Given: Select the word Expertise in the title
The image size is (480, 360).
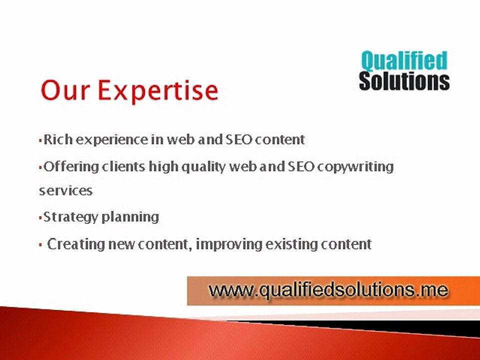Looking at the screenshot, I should tap(157, 91).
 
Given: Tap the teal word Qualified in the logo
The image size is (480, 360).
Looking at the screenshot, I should tap(403, 61).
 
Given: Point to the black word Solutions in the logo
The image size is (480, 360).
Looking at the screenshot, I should tap(404, 80).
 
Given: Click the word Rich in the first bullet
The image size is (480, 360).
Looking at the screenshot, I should tap(55, 139).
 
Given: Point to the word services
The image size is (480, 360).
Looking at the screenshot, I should tap(65, 191).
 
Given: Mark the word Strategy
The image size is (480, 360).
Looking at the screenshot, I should tap(70, 217).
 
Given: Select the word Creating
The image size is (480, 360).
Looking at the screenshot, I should tap(74, 244).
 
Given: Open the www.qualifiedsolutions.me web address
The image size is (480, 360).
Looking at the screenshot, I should tap(327, 290).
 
